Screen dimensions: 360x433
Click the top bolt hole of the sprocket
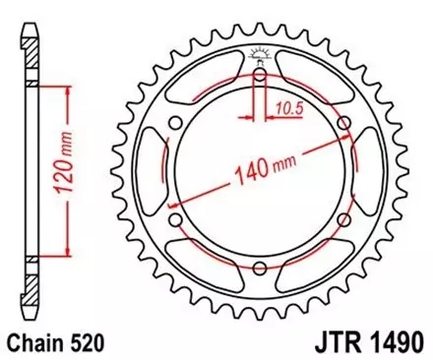pos(259,75)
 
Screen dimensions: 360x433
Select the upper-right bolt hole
pos(343,123)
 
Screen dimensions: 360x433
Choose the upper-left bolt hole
pos(174,123)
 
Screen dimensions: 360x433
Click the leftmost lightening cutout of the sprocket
pos(148,172)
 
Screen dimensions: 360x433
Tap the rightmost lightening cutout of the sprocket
pos(370,172)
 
